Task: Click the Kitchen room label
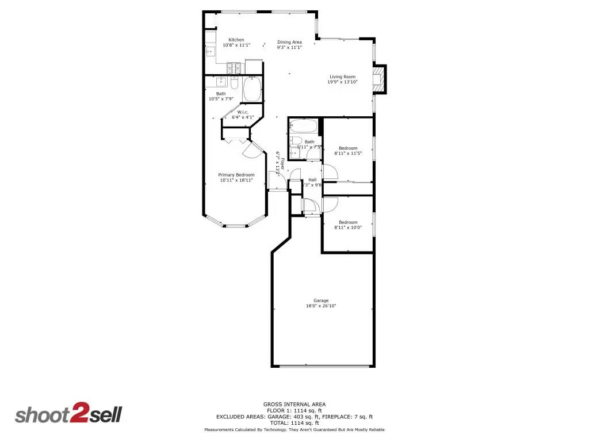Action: pos(236,40)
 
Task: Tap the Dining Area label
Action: pos(289,42)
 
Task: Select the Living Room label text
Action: pos(342,77)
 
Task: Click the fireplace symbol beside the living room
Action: pos(379,79)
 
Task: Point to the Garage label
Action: pos(321,300)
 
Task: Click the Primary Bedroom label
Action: pos(236,175)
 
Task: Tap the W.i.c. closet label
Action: pos(242,112)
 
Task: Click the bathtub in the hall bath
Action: pos(303,125)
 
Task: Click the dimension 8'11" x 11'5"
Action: pos(348,154)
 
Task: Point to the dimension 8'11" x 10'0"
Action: pos(348,227)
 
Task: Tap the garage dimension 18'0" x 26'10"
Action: pos(321,306)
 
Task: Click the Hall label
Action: pos(312,180)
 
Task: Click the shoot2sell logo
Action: pos(68,414)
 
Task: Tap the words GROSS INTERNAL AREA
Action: pos(294,404)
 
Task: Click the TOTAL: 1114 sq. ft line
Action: pos(294,423)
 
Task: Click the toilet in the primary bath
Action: pos(234,83)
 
